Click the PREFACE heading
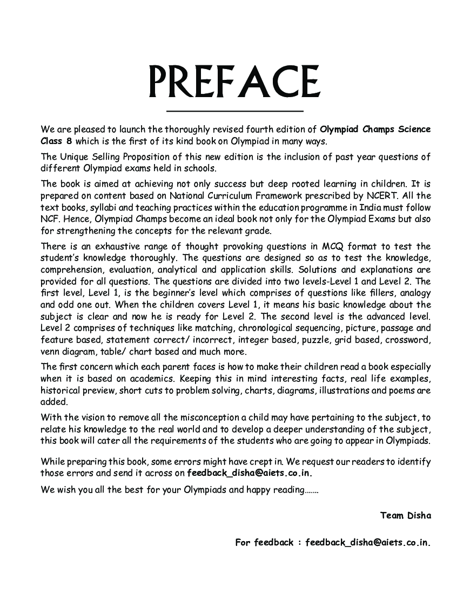[x=234, y=82]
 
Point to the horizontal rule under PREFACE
[x=234, y=111]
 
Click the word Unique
[x=75, y=157]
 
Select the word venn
[x=52, y=352]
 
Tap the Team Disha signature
[x=405, y=515]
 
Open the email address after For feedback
[x=368, y=542]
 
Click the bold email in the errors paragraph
[x=250, y=473]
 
